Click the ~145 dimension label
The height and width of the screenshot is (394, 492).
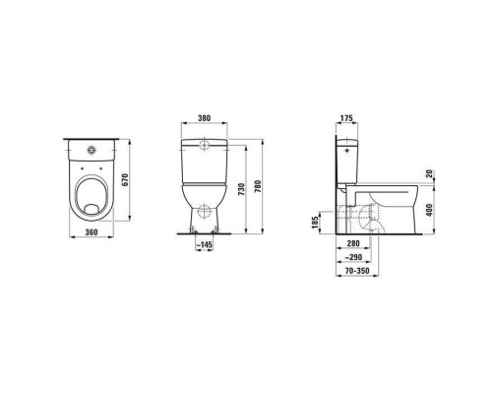(206, 243)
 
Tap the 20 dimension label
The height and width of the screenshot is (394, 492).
(430, 173)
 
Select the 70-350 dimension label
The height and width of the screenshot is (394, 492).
(356, 270)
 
